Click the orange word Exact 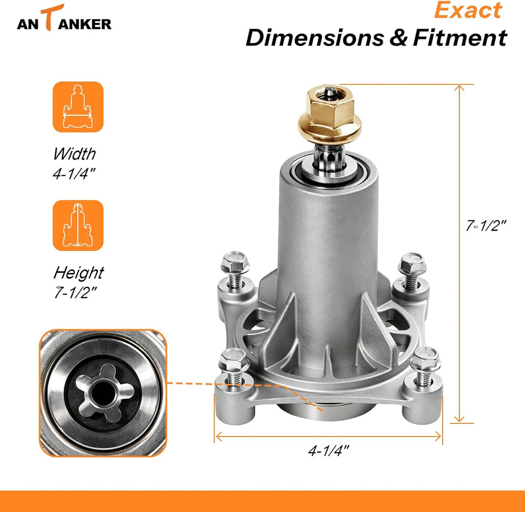468,10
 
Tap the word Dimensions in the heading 315,37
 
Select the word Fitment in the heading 460,37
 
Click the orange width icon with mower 78,107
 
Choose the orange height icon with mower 78,225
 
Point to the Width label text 74,154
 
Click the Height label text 78,273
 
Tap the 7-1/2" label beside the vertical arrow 486,226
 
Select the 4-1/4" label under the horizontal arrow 328,451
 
